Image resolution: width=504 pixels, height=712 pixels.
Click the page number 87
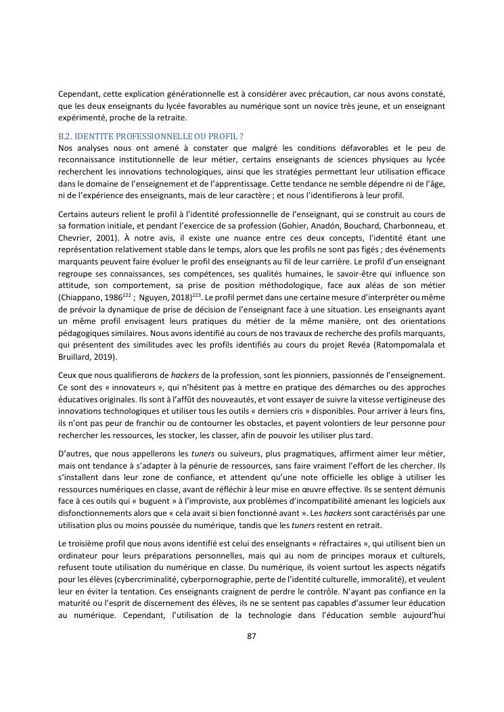[251, 636]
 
